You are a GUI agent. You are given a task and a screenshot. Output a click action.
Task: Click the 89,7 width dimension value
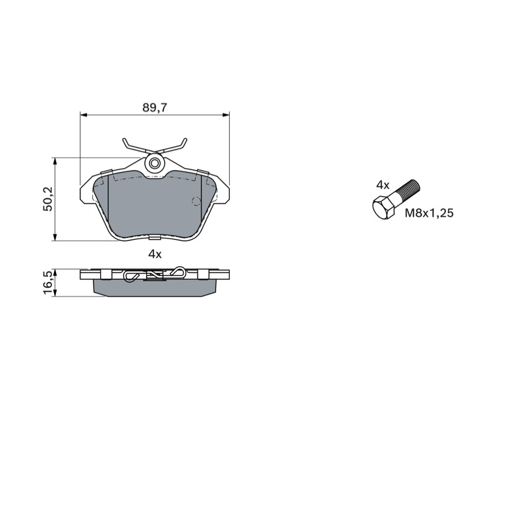click(x=155, y=108)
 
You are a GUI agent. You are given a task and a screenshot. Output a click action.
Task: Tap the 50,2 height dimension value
click(x=48, y=199)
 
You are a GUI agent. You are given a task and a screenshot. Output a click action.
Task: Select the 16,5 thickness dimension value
click(x=48, y=283)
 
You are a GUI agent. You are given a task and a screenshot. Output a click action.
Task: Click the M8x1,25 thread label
click(x=429, y=213)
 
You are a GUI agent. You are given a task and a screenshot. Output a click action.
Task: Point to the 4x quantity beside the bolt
click(x=383, y=185)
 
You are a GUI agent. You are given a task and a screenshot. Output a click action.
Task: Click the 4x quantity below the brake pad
click(x=155, y=254)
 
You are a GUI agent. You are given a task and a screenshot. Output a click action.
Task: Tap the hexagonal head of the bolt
click(x=384, y=208)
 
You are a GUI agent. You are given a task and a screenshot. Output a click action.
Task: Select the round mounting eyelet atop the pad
click(x=155, y=163)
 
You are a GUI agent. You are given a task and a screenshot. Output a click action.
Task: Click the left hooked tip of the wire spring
click(x=125, y=141)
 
